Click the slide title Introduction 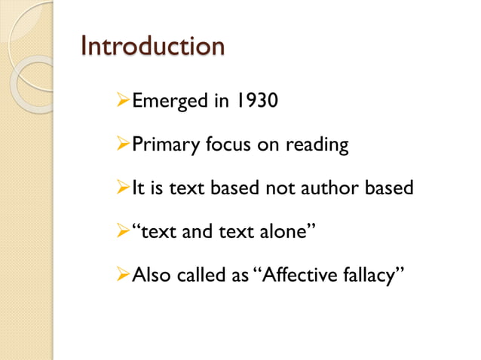[x=152, y=46]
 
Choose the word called [x=198, y=275]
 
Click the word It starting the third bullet [x=138, y=188]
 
